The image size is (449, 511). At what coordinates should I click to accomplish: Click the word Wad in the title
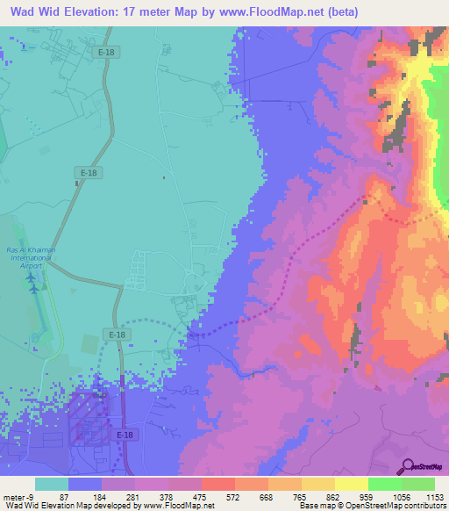point(20,11)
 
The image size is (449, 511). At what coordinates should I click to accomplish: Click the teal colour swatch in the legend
point(52,484)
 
